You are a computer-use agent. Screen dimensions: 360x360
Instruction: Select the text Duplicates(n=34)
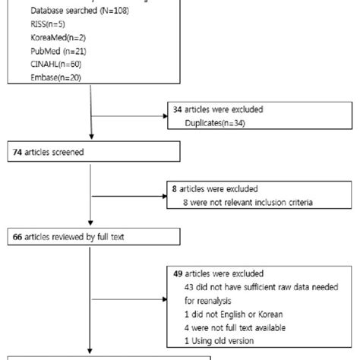click(x=218, y=122)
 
